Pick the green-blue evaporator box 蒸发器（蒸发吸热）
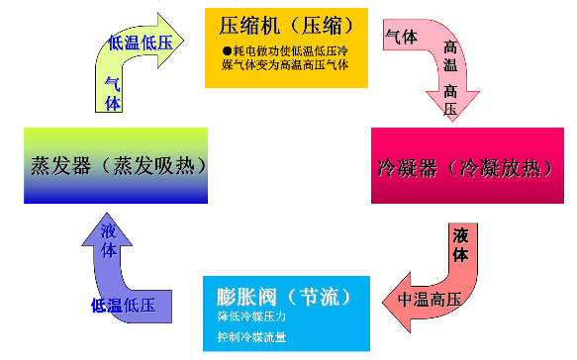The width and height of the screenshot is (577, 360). click(x=115, y=165)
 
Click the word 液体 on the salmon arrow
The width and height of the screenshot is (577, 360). click(x=460, y=244)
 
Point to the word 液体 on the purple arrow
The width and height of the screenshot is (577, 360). click(x=108, y=240)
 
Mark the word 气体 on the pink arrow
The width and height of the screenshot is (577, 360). click(x=401, y=37)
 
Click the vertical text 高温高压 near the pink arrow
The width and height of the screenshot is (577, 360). click(x=450, y=79)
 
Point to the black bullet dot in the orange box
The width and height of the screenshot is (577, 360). click(x=226, y=50)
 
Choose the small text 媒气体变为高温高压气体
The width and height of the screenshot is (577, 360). click(x=284, y=66)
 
